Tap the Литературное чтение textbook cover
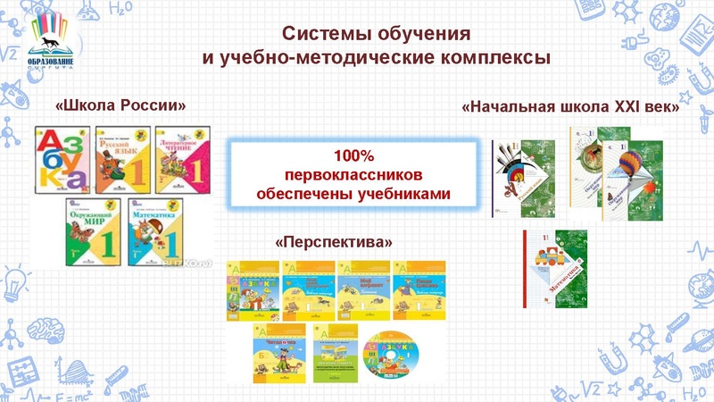point(185,163)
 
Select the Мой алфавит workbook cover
point(363,289)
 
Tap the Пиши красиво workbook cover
point(419,289)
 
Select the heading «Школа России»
point(120,105)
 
